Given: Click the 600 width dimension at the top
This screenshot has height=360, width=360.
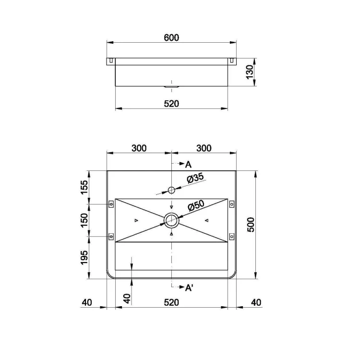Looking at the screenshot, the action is [171, 37].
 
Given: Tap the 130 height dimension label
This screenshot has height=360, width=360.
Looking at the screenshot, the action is [250, 72].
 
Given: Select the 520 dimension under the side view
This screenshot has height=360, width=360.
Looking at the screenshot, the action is [171, 104].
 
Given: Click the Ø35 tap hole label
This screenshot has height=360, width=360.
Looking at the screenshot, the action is [195, 178].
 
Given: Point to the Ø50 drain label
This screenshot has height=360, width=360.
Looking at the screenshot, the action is [196, 205].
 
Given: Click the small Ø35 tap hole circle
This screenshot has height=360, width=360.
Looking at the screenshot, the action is [171, 190].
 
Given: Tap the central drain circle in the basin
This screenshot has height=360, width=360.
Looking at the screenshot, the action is [171, 220].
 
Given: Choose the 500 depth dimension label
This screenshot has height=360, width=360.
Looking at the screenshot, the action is [251, 225].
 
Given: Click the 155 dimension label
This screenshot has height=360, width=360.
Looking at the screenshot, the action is [84, 187].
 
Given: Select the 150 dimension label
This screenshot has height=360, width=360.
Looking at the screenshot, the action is [84, 220].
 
